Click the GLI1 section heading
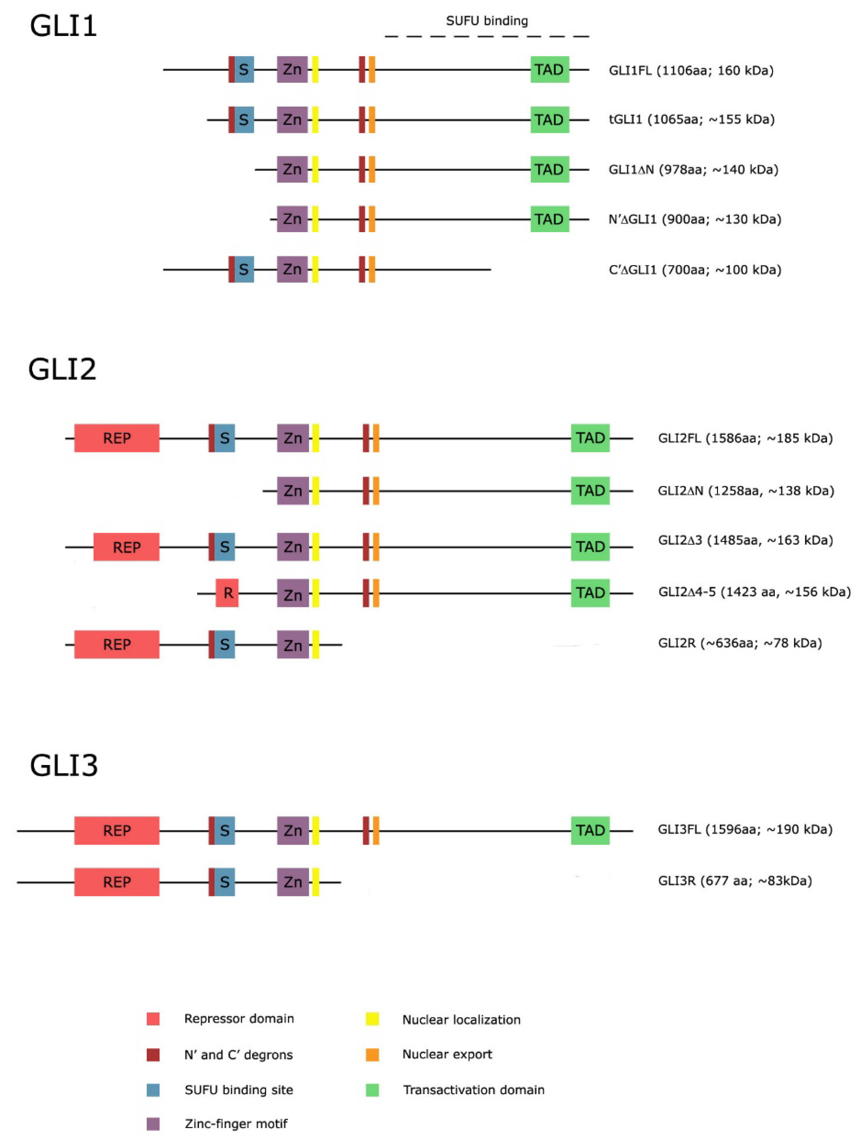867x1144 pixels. pos(63,26)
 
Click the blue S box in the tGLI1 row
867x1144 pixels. pos(244,120)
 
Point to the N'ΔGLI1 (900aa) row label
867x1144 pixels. pos(694,219)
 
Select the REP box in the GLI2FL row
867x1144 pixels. pos(117,438)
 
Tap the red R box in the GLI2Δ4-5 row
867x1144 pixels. pos(227,593)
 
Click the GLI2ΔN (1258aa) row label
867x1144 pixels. pos(745,490)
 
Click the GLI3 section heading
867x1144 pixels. pos(63,765)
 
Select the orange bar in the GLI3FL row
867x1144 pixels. pos(376,831)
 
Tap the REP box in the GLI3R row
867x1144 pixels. pos(117,882)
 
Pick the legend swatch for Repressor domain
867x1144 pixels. pos(153,1019)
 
